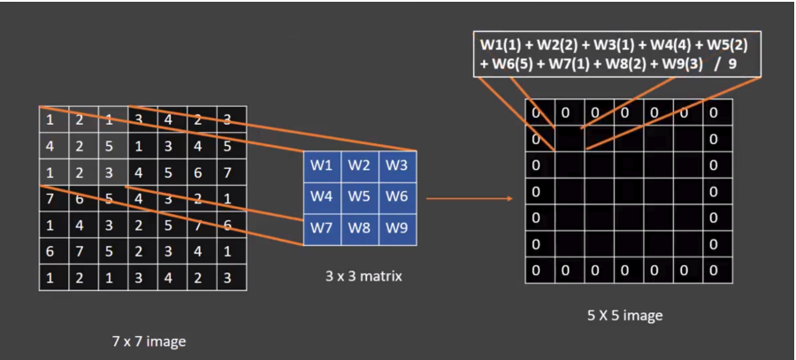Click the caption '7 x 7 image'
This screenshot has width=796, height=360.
click(x=149, y=341)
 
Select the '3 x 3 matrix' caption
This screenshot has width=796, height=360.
click(x=364, y=276)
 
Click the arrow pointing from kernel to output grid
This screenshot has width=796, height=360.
click(x=469, y=197)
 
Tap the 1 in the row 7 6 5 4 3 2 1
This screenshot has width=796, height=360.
click(x=227, y=198)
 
